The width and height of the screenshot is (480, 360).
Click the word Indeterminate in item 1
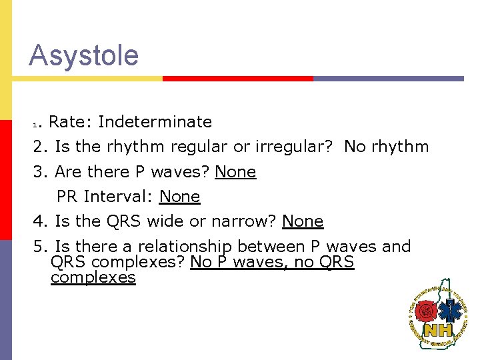(x=155, y=122)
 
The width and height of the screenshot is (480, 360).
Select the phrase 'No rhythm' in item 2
(x=386, y=147)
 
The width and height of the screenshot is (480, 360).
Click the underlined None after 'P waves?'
(x=235, y=172)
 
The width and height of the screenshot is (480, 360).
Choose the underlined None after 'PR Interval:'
(x=179, y=197)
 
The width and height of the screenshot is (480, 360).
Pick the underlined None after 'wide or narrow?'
(x=303, y=221)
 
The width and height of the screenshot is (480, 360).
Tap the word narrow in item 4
(x=251, y=221)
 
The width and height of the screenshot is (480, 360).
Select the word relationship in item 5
(x=185, y=247)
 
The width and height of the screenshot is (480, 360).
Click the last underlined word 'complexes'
(x=93, y=277)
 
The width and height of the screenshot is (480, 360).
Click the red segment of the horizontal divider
(x=237, y=78)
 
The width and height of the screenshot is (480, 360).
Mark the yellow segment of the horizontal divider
(x=87, y=78)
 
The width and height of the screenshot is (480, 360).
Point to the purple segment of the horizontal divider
(x=388, y=78)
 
